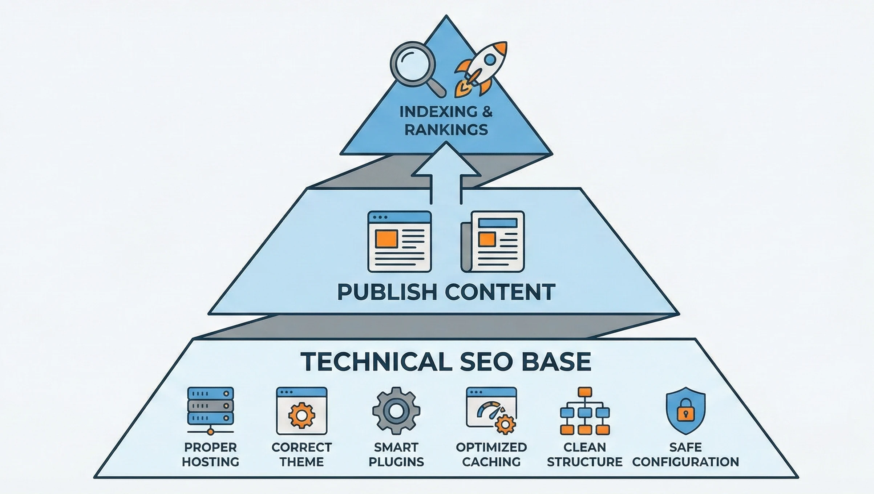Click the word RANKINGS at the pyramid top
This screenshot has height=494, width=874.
click(x=446, y=130)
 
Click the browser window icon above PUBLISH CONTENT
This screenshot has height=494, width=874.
click(x=399, y=242)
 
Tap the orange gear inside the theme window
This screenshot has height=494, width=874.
click(x=302, y=415)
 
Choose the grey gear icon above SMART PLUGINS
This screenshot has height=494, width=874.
click(x=396, y=411)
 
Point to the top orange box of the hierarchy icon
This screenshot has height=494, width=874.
click(x=584, y=392)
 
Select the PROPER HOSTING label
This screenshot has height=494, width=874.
click(x=210, y=454)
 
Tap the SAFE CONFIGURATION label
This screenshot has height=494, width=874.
click(x=685, y=454)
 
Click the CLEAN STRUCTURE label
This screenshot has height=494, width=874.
click(x=584, y=454)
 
